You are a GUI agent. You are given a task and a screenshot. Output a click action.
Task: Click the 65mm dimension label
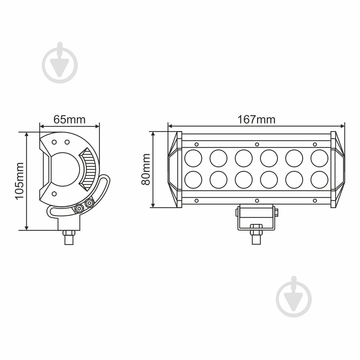point(69,120)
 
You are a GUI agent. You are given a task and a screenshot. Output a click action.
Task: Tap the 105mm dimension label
point(19,181)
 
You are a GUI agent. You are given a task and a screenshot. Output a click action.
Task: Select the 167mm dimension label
point(256,120)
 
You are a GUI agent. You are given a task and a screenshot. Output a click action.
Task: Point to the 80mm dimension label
point(146,170)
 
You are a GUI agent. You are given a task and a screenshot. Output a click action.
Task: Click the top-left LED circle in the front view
point(193,158)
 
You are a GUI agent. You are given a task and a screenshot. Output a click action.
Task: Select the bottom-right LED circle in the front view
point(319,180)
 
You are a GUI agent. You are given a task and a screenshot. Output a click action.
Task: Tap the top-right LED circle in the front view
point(319,158)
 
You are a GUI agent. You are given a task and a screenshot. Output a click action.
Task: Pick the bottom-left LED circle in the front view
point(193,180)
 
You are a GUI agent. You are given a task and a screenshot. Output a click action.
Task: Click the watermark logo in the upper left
point(60,63)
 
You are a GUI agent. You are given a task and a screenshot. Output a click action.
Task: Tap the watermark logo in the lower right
point(294,297)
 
